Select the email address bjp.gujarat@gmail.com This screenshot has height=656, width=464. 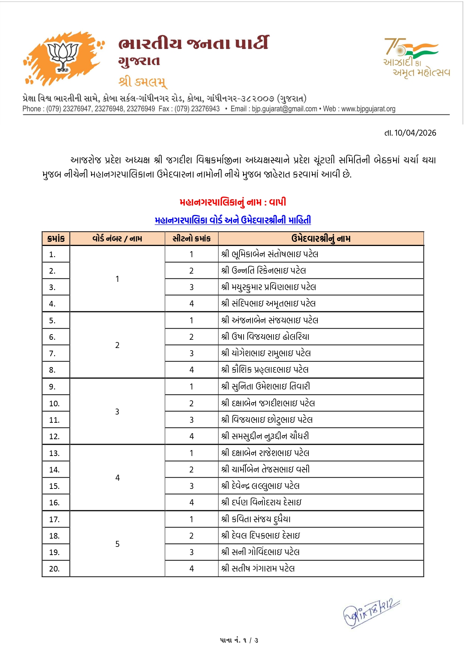(x=284, y=109)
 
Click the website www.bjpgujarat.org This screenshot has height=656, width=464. (x=368, y=109)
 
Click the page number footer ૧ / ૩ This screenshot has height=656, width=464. (x=239, y=640)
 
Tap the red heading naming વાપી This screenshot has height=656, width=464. (x=233, y=202)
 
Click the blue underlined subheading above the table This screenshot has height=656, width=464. (x=233, y=220)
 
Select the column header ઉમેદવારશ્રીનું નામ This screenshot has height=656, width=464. (x=321, y=238)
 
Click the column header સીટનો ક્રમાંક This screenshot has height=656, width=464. (x=191, y=238)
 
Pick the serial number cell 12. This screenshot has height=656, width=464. (x=55, y=437)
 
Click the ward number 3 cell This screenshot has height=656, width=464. (x=117, y=412)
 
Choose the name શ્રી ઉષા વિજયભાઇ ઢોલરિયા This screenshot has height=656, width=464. (x=265, y=337)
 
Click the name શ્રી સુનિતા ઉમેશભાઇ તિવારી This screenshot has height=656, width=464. (x=265, y=386)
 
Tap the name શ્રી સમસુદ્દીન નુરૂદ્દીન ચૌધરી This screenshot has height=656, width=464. (x=265, y=436)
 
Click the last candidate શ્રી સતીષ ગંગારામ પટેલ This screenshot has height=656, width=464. (x=258, y=569)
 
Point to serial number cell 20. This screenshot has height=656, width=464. (x=55, y=569)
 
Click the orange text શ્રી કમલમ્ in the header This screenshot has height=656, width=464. (x=142, y=81)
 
